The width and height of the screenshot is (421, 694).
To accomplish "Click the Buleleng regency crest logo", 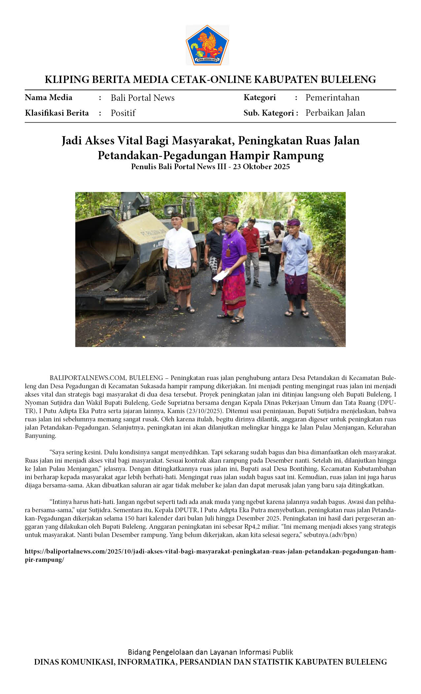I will [207, 45].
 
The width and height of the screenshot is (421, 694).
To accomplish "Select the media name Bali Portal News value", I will [142, 98].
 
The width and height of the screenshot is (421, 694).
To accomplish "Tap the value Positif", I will [123, 113].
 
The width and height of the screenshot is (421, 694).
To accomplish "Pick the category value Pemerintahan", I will [332, 97].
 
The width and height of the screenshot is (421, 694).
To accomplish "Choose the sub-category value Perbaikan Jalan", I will [335, 113].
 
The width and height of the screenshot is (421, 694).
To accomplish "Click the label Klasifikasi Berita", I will [57, 113].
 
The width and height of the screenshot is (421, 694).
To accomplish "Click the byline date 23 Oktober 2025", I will [261, 167].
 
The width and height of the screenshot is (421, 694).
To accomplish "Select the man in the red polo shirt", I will [252, 245].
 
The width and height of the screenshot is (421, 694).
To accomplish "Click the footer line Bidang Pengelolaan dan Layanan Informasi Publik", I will [210, 652].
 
